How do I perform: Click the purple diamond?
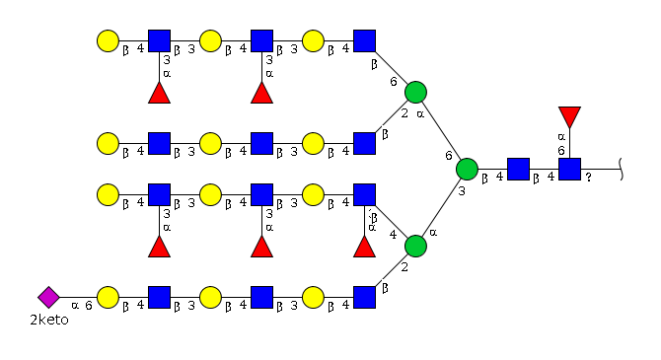48,297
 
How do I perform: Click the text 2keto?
49,320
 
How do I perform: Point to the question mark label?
589,178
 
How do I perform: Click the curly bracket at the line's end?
621,169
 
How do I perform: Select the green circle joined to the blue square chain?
467,169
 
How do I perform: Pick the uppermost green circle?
415,93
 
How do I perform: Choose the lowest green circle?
415,247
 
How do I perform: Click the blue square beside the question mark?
569,169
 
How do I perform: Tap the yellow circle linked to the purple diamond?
108,297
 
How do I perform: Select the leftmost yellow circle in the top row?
108,40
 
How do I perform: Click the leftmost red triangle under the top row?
160,93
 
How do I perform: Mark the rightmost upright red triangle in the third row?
365,247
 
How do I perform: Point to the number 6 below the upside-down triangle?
561,151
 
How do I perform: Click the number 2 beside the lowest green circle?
404,267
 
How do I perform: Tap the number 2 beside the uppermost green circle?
404,113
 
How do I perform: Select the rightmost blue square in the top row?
365,40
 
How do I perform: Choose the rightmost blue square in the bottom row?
365,297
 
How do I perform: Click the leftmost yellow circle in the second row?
108,143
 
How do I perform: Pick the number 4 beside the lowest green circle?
394,235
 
